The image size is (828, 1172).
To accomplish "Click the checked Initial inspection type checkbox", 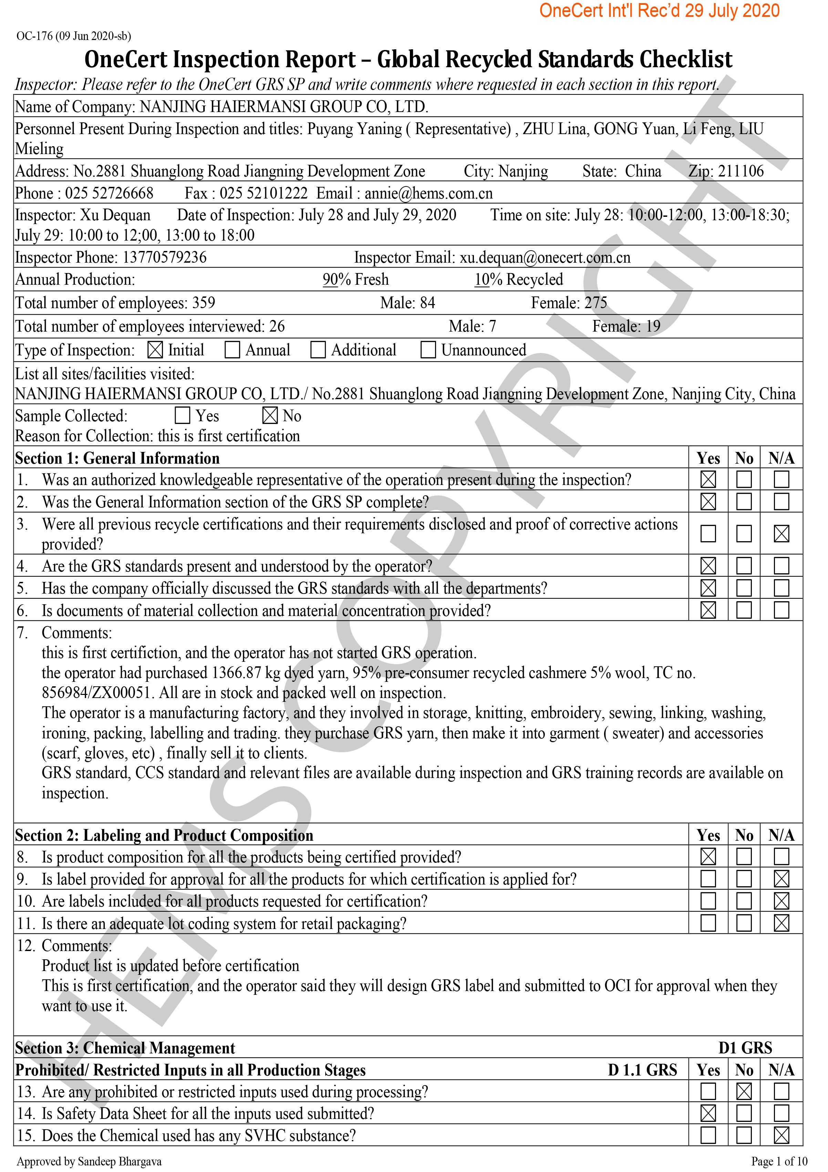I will click(x=155, y=350).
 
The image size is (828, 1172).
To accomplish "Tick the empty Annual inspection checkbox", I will click(x=232, y=350).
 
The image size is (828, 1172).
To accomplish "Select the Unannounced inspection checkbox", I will click(x=428, y=350).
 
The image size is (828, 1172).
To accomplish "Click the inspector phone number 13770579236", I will click(x=164, y=257).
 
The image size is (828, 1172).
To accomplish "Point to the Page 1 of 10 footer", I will click(x=779, y=1161).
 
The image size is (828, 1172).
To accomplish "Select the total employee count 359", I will click(x=204, y=303).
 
